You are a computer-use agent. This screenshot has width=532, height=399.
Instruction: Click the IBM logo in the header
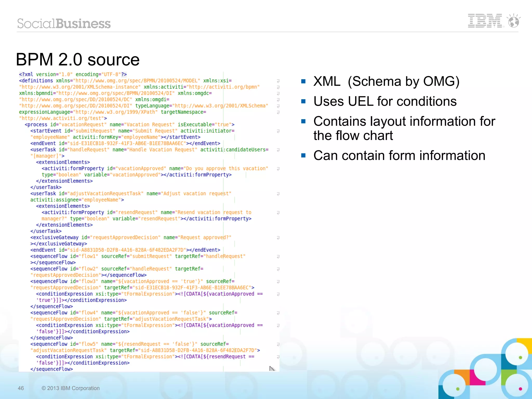coord(485,21)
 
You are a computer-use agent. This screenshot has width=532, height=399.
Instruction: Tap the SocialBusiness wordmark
coord(64,24)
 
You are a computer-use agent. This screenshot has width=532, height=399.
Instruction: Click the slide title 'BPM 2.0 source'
coord(78,59)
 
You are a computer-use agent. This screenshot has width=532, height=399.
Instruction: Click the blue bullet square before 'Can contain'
coord(303,155)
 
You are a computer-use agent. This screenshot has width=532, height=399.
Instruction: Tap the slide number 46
coord(21,388)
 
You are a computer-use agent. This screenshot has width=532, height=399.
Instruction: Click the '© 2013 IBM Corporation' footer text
coord(71,388)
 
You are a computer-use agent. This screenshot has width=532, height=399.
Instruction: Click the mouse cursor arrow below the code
coord(272,369)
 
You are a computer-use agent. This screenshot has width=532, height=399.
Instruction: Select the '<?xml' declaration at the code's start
coord(26,75)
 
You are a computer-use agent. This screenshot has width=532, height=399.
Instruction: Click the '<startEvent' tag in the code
coord(46,131)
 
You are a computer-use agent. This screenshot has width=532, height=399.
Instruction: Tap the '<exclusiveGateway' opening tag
coord(54,238)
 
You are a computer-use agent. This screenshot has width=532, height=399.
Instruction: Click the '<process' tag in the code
coord(36,125)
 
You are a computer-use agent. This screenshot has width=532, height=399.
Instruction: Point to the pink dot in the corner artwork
coord(520,389)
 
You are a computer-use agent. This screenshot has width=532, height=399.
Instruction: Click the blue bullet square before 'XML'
coord(303,82)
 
